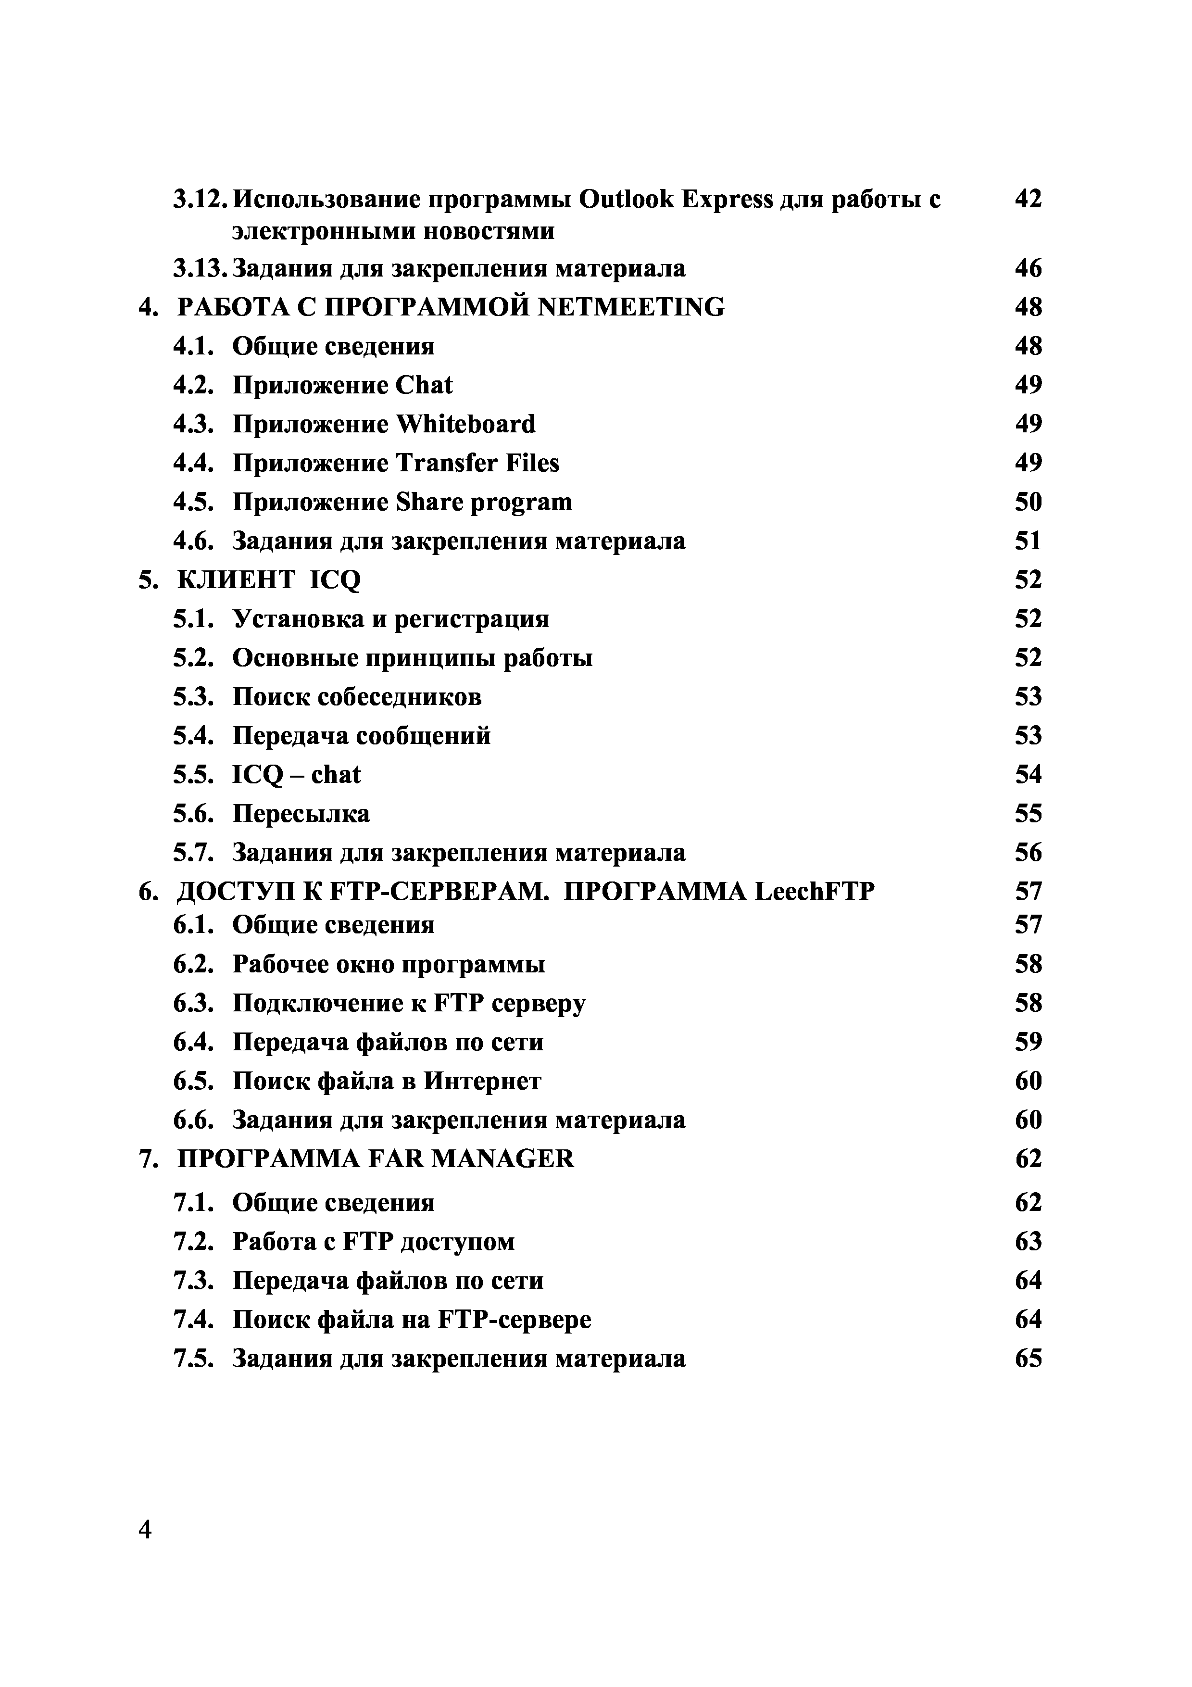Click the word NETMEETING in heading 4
point(631,307)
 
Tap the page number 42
point(1028,199)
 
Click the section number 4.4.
point(194,463)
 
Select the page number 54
point(1028,774)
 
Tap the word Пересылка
point(301,813)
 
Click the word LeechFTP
point(814,891)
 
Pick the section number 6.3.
point(194,1003)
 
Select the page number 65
point(1028,1359)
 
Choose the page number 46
point(1028,268)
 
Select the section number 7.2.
point(194,1242)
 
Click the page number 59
point(1028,1042)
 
